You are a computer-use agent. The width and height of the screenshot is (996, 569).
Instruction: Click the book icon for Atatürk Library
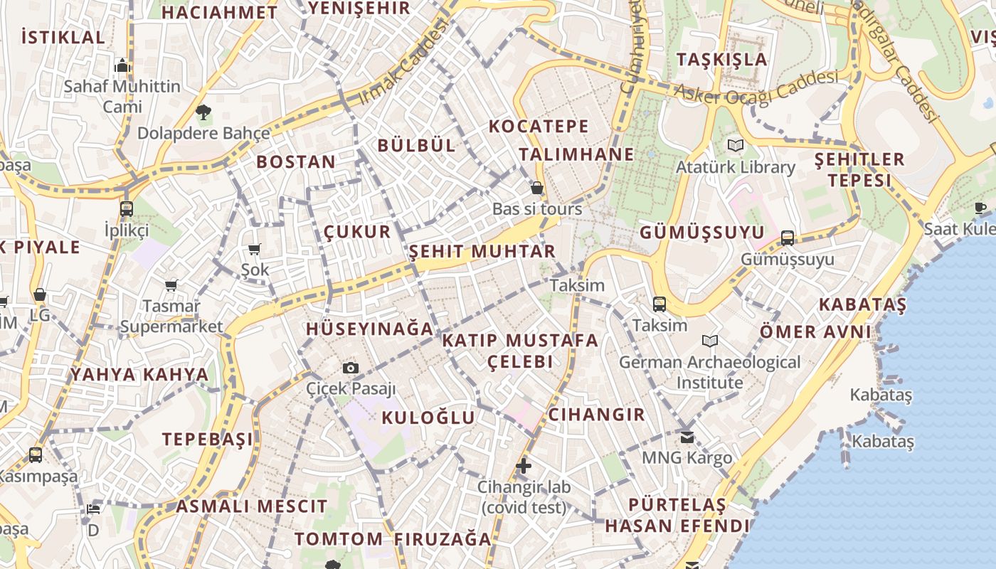[735, 145]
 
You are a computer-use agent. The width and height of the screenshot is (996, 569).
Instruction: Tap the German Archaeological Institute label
[709, 372]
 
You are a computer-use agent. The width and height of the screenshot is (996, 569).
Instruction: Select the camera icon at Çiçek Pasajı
[351, 368]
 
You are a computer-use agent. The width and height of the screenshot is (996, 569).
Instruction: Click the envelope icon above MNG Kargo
[687, 437]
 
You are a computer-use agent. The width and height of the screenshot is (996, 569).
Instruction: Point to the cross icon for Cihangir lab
[524, 467]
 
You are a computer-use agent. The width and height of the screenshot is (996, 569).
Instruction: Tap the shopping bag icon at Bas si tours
[537, 188]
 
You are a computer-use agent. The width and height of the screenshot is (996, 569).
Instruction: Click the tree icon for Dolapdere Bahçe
[203, 112]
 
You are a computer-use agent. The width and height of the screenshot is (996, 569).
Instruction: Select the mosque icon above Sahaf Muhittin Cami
[122, 65]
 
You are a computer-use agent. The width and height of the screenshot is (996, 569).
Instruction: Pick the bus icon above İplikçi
[127, 209]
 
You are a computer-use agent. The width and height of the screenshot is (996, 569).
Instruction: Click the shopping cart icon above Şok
[254, 249]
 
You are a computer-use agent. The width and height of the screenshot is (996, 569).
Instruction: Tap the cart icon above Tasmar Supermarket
[171, 285]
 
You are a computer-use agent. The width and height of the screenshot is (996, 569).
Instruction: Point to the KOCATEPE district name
[539, 127]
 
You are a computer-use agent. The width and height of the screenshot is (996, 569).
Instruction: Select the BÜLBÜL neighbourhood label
[416, 146]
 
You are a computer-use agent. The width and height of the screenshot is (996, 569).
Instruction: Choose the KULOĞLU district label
[428, 418]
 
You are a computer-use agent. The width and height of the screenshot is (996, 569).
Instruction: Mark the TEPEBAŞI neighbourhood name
[208, 439]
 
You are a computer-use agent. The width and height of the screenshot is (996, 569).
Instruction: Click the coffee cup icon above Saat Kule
[980, 208]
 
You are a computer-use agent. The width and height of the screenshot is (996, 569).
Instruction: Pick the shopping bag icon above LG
[40, 294]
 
